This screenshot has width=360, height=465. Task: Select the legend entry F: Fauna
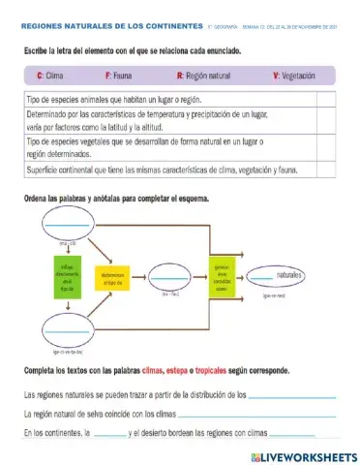(121, 74)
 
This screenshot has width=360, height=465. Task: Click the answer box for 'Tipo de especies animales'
(324, 99)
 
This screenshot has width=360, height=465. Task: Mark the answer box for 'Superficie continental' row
(324, 170)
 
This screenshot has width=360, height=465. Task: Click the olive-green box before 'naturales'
(222, 275)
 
